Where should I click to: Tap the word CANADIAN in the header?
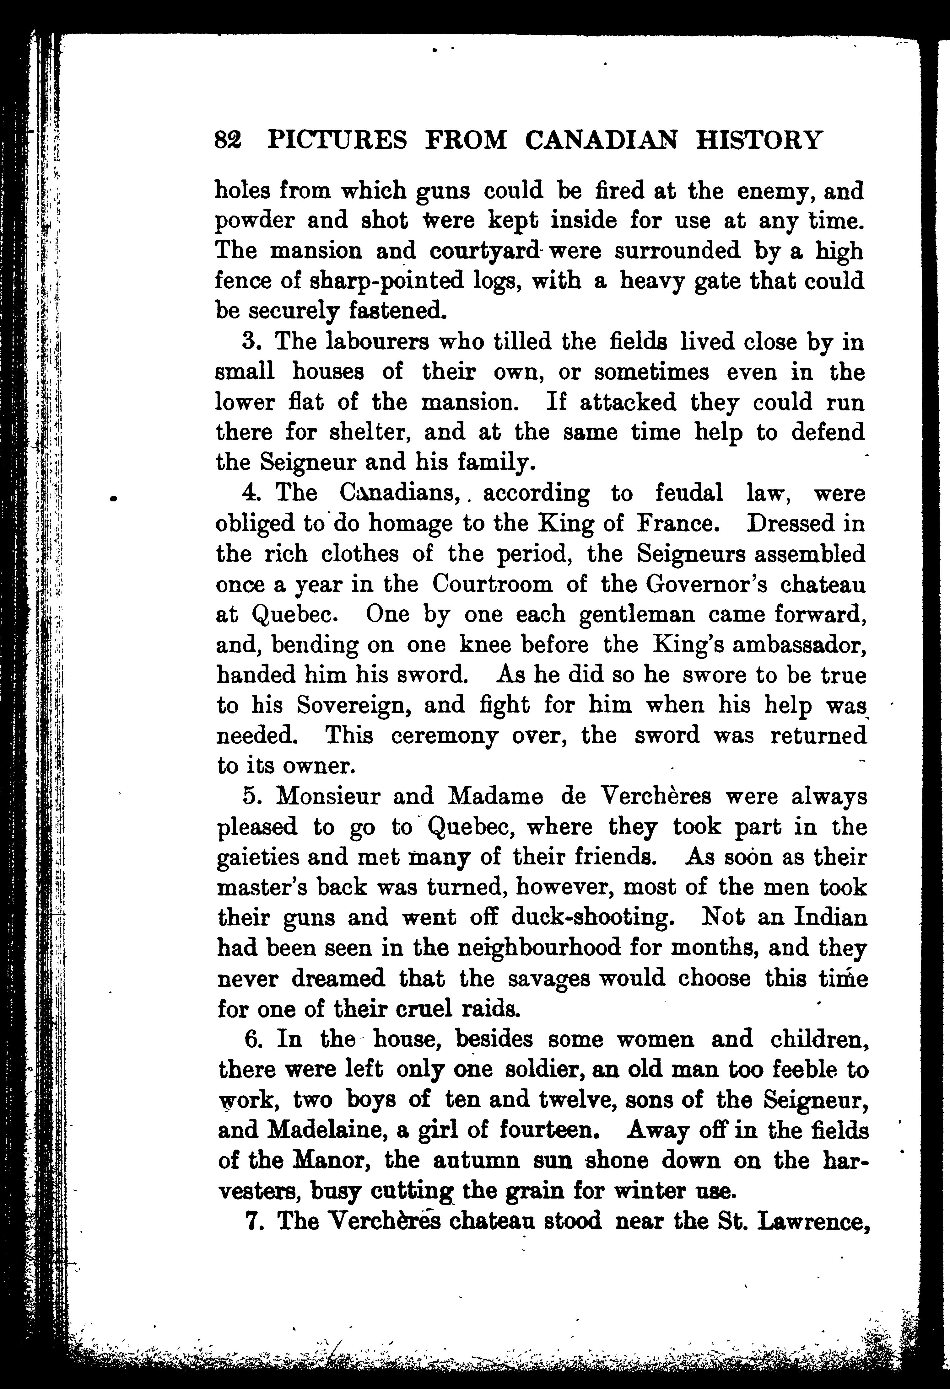pos(602,141)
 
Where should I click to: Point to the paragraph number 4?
pos(250,494)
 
